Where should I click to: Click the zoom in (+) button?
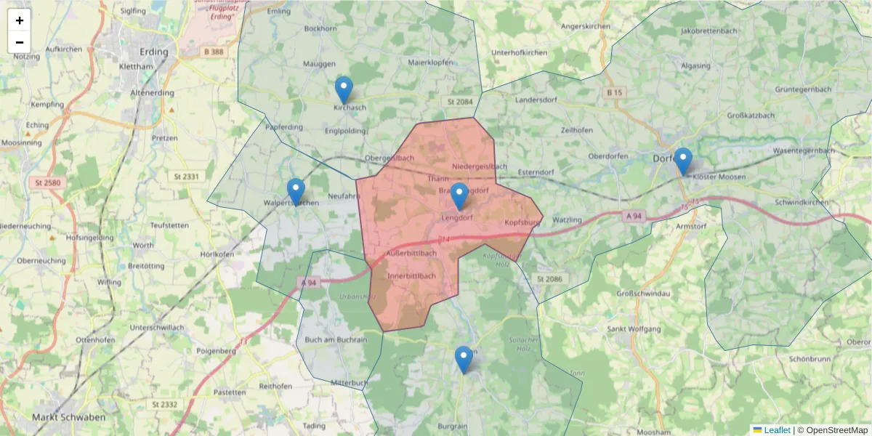[20, 20]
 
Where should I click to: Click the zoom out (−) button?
[20, 42]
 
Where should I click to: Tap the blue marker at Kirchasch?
[344, 89]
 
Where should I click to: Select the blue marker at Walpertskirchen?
[296, 191]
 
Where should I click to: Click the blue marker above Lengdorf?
[459, 195]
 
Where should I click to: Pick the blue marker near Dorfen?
[683, 161]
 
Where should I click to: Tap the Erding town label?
[153, 52]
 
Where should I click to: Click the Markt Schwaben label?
[69, 418]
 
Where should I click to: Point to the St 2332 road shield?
[165, 404]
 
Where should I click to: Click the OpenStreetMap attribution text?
[836, 430]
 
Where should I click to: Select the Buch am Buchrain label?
[336, 339]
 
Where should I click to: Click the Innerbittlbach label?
[411, 276]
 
